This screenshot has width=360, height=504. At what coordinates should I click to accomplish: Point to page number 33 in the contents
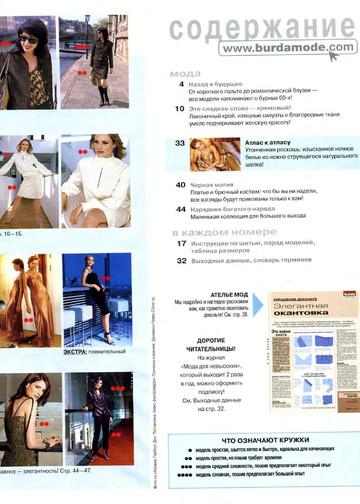180,144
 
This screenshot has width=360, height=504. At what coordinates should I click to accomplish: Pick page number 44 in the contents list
180,210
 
